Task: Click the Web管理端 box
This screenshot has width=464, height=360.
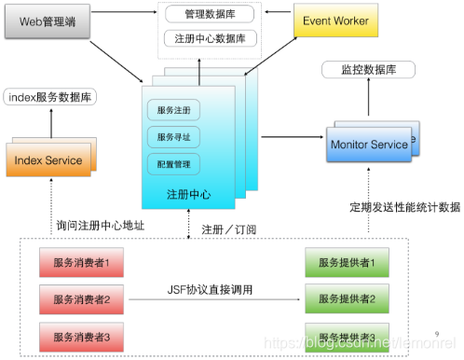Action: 48,21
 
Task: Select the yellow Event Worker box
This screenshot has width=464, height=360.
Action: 334,21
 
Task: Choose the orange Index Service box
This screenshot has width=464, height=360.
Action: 48,159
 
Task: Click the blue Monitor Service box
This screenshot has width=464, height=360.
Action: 369,145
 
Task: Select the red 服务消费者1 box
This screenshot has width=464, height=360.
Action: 83,264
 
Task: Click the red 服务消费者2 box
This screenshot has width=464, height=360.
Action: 83,299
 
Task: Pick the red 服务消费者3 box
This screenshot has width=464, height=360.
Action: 83,335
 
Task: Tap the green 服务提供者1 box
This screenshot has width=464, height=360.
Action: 344,264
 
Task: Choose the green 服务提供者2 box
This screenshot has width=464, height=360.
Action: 344,299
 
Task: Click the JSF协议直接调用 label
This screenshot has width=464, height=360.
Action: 211,290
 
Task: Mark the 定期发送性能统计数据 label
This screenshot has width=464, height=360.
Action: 404,206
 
